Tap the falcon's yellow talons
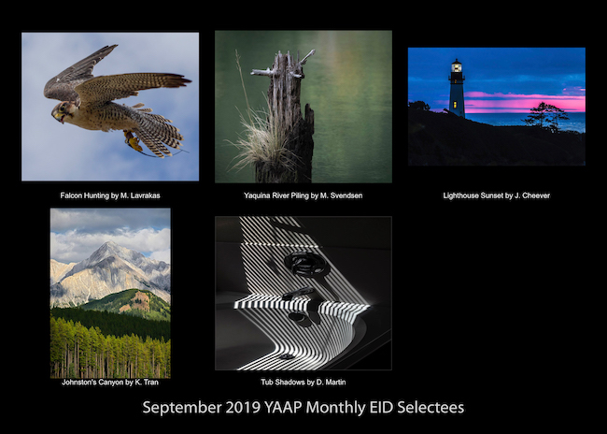(x=134, y=142)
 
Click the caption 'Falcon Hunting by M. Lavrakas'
(x=110, y=195)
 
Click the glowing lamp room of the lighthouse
(x=457, y=67)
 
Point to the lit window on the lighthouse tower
(x=454, y=105)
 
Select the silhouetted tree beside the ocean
(x=546, y=115)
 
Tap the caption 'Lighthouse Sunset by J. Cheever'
(x=496, y=195)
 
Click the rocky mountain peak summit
(x=109, y=244)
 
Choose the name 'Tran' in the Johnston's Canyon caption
(x=150, y=382)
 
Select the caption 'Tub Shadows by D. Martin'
(x=303, y=382)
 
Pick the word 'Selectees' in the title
(x=431, y=407)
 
